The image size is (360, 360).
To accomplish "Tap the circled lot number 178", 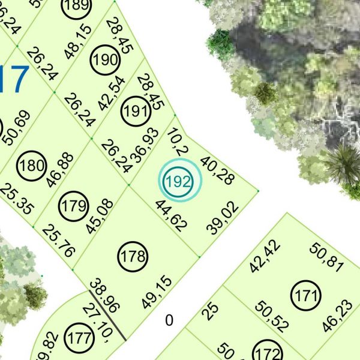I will click(x=133, y=257).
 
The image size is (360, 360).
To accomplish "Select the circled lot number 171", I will click(x=306, y=295).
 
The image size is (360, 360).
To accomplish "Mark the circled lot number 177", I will click(x=77, y=334).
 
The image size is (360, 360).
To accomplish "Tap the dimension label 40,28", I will click(x=217, y=170).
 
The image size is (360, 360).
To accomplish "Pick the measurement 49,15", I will click(x=157, y=292).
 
